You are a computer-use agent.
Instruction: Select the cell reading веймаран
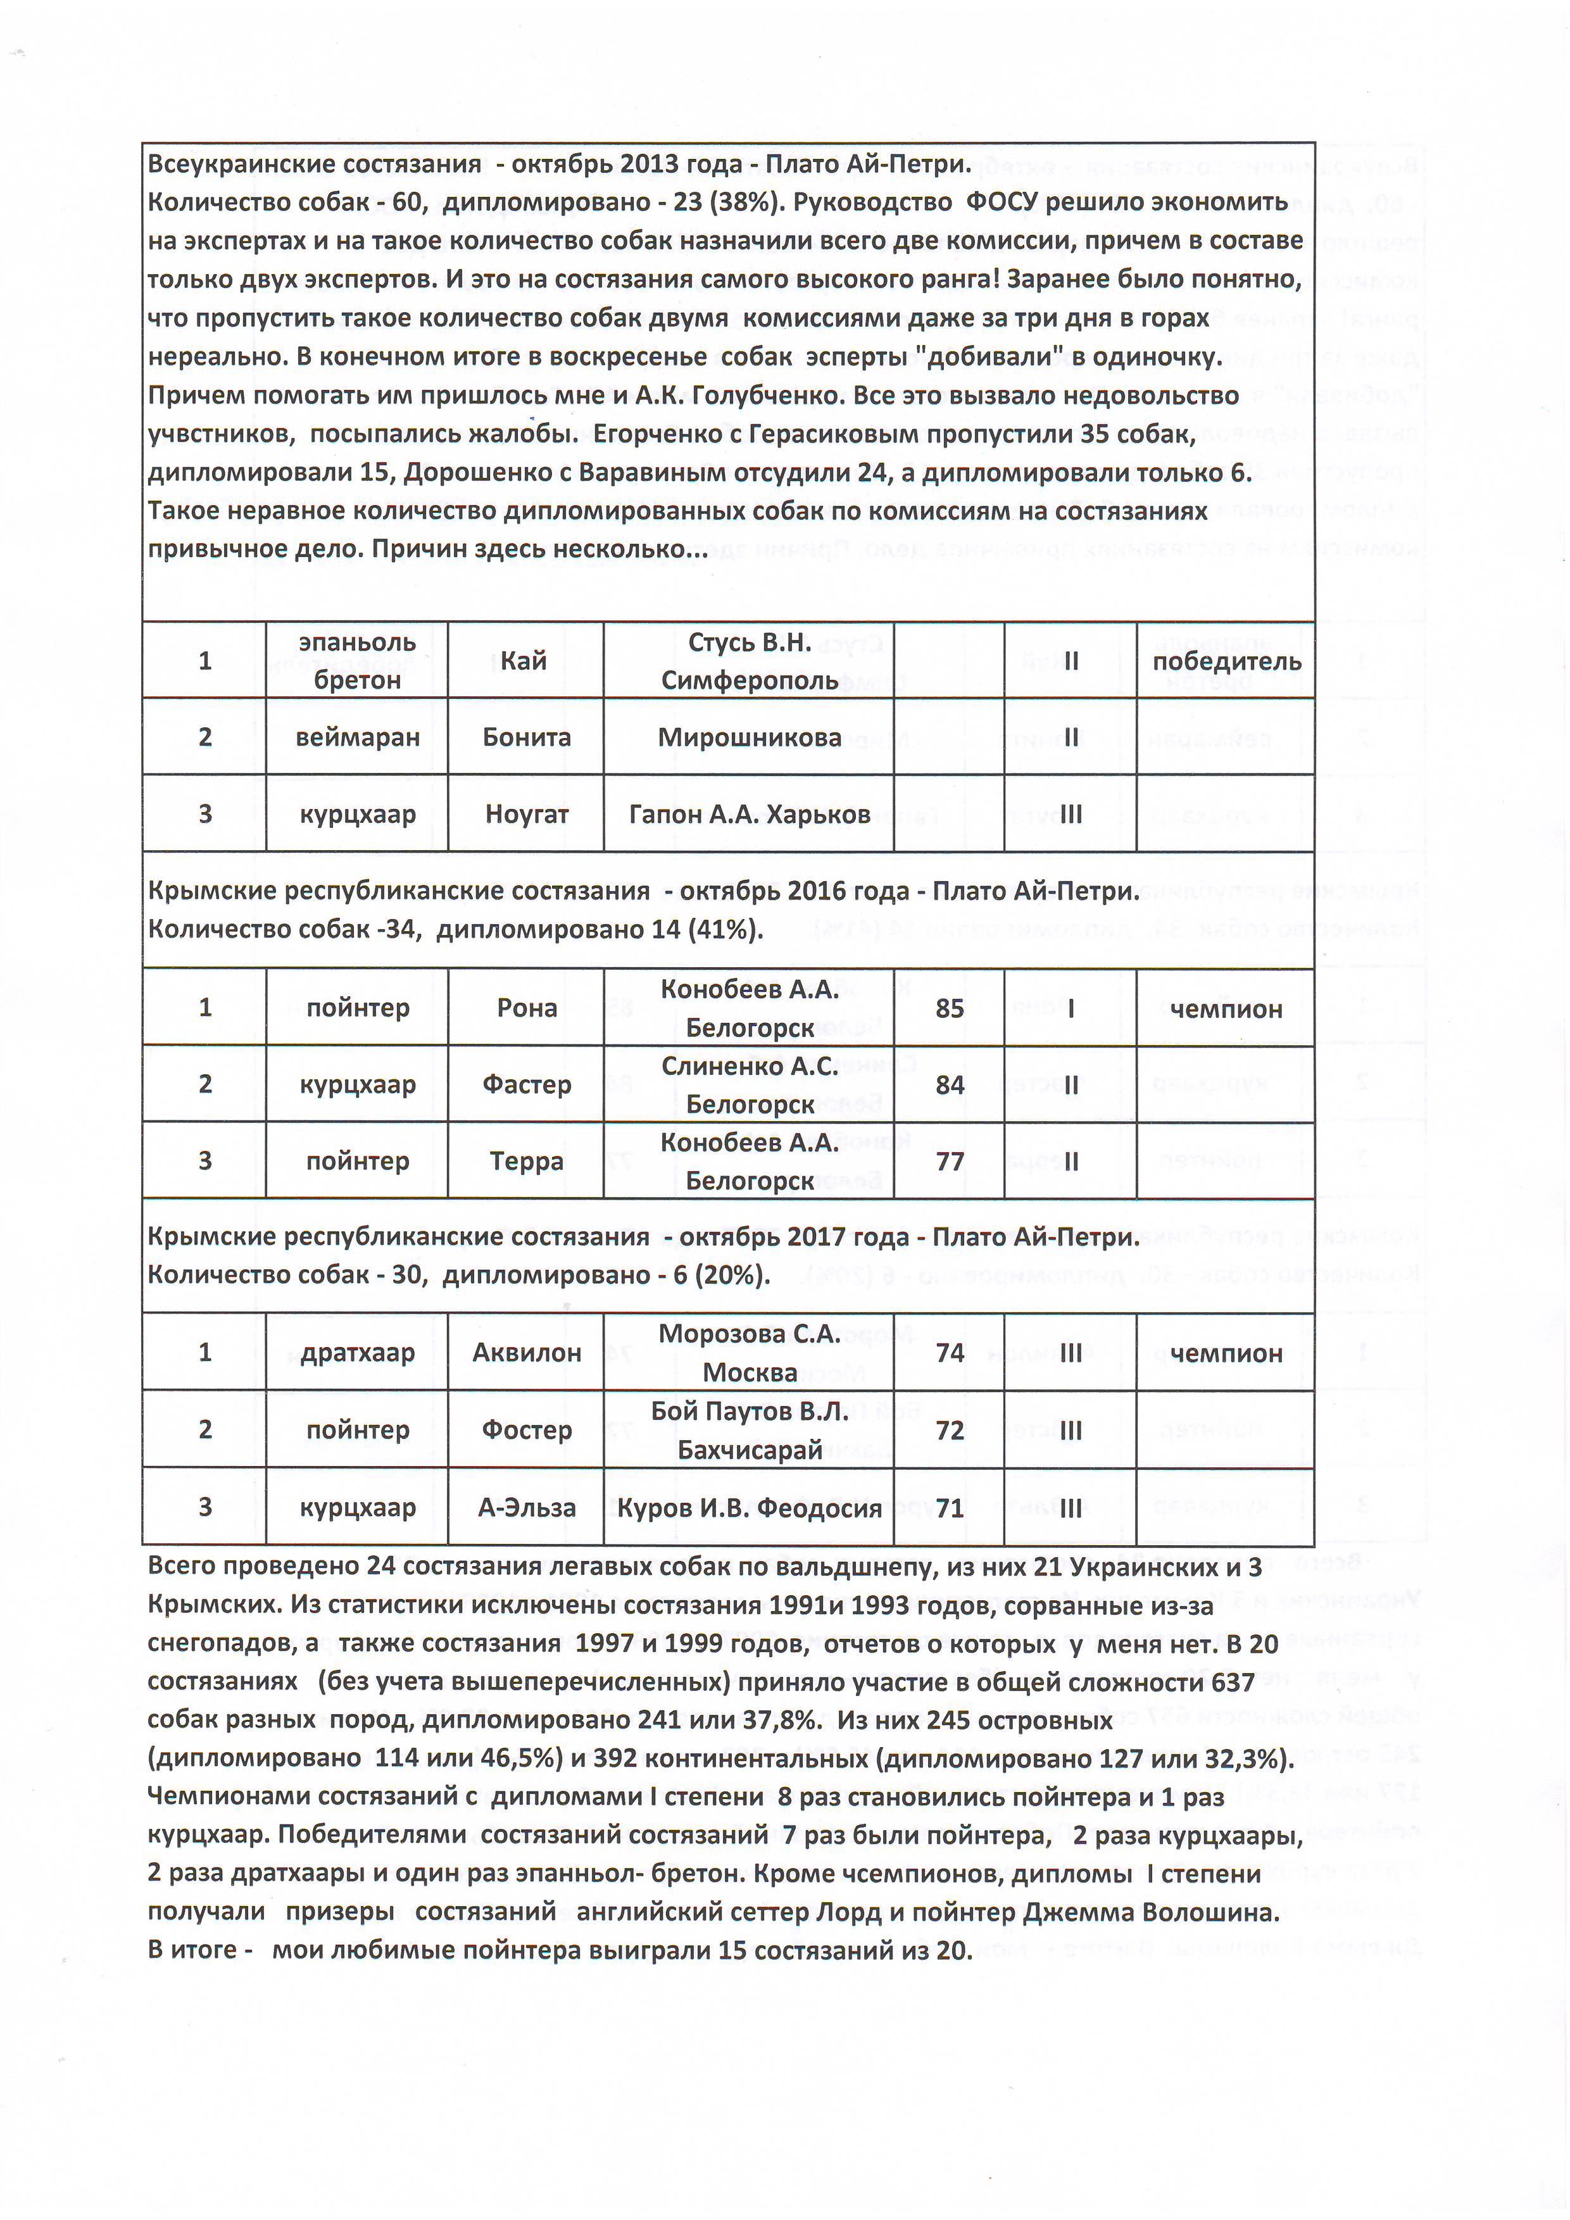pyautogui.click(x=358, y=737)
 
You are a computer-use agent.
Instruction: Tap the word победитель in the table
pyautogui.click(x=1226, y=662)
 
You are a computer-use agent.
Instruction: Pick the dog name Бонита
pyautogui.click(x=526, y=737)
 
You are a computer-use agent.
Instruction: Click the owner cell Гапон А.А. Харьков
pyautogui.click(x=749, y=814)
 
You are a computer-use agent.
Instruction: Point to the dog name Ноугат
pyautogui.click(x=526, y=814)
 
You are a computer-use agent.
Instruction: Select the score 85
pyautogui.click(x=950, y=1008)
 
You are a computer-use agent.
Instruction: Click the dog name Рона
pyautogui.click(x=526, y=1008)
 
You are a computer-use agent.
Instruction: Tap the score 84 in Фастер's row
pyautogui.click(x=950, y=1085)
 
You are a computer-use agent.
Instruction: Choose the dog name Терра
pyautogui.click(x=526, y=1160)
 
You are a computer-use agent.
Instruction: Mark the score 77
pyautogui.click(x=950, y=1160)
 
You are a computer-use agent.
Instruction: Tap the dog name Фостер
pyautogui.click(x=526, y=1429)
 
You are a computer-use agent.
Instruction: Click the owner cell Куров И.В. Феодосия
pyautogui.click(x=749, y=1507)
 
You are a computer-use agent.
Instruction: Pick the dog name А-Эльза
pyautogui.click(x=526, y=1507)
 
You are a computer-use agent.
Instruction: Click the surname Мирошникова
pyautogui.click(x=749, y=737)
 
